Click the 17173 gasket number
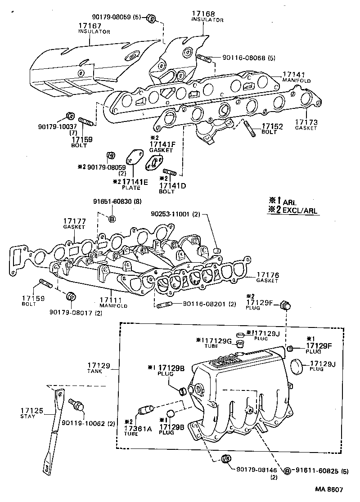[x=306, y=122]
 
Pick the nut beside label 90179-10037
[x=70, y=115]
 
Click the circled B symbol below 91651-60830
[x=112, y=219]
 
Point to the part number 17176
[x=268, y=274]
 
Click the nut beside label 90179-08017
[x=70, y=296]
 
